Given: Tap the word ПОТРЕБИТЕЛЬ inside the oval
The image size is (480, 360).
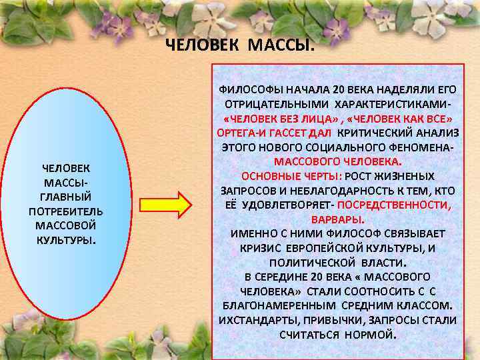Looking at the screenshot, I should pos(65,211).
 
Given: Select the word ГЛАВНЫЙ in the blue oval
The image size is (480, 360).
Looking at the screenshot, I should pos(65,197).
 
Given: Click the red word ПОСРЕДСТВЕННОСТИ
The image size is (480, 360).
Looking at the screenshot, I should pos(407,204).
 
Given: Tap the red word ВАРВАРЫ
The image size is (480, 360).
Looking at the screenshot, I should pos(337,219).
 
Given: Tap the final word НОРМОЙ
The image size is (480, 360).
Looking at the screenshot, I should pos(369,334).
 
